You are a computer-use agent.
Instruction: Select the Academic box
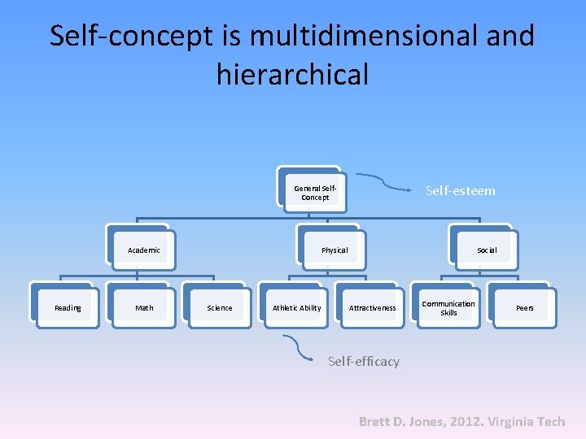pos(144,250)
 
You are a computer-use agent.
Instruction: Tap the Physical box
pos(334,250)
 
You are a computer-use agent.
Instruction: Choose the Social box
pos(487,250)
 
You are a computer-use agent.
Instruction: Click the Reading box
pos(68,308)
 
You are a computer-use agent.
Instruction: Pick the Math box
pos(144,308)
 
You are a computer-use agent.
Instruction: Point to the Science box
pos(220,308)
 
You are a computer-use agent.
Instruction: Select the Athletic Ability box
pos(296,308)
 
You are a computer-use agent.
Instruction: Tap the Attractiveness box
pos(373,308)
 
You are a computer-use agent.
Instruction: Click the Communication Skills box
pos(448,308)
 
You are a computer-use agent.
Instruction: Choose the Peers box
pos(525,308)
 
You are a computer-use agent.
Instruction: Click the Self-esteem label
pos(460,191)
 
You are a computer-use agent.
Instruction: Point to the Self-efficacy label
pos(363,362)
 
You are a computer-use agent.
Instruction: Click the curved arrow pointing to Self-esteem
pos(383,182)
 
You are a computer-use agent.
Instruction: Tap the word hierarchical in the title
pos(292,75)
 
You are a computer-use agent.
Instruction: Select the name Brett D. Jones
pos(400,422)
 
